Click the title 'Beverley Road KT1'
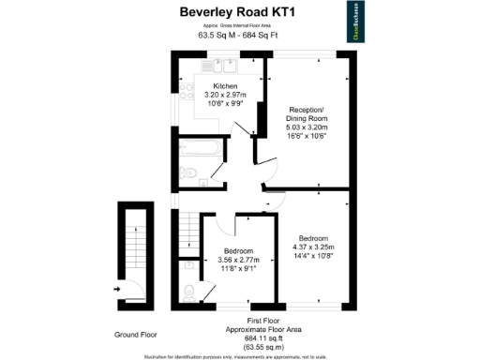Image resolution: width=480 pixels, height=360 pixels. click(x=239, y=11)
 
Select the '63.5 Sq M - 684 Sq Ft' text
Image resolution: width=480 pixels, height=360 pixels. click(x=238, y=36)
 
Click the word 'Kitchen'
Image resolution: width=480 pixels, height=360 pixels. click(x=225, y=85)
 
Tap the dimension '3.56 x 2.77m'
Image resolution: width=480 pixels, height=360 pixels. click(x=235, y=260)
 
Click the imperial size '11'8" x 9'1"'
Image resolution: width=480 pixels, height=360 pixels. click(x=235, y=268)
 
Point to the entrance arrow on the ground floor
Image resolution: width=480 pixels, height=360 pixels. click(x=117, y=290)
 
